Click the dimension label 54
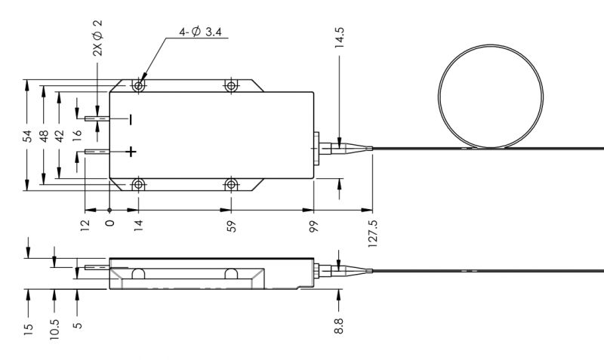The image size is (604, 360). tap(28, 136)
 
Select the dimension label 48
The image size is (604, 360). tap(45, 136)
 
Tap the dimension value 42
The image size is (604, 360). tap(60, 136)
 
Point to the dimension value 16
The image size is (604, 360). tap(77, 136)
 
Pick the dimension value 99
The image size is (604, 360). tap(313, 226)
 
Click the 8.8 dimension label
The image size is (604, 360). tap(339, 326)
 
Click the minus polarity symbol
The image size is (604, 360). tap(131, 118)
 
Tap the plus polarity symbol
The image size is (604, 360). tap(131, 152)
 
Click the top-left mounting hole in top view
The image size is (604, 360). tap(138, 86)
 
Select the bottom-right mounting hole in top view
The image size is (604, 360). tap(232, 184)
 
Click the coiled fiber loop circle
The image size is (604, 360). tap(491, 94)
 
